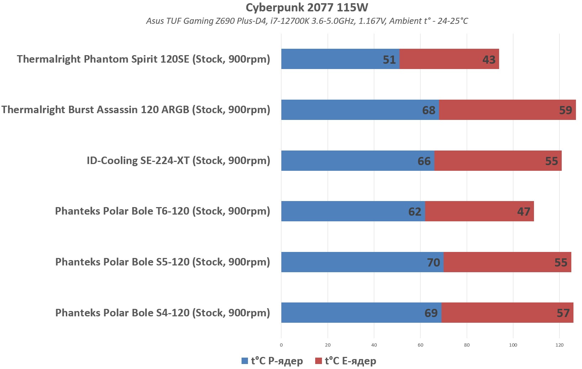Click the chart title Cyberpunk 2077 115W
coord(307,7)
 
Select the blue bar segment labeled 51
coord(340,59)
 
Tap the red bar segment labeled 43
coord(449,59)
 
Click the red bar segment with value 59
coord(507,110)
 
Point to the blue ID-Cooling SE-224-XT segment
coord(357,160)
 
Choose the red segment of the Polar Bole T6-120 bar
coord(479,211)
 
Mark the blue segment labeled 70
coord(362,262)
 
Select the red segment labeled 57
coord(507,313)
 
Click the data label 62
coord(415,212)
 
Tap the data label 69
coord(431,313)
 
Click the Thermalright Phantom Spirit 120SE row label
coord(143,59)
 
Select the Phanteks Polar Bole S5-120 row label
coord(163,262)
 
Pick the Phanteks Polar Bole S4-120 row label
coord(163,313)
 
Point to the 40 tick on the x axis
coord(374,345)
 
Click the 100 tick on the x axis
coord(513,345)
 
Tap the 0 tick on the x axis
coord(281,345)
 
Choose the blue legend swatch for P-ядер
coord(244,361)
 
